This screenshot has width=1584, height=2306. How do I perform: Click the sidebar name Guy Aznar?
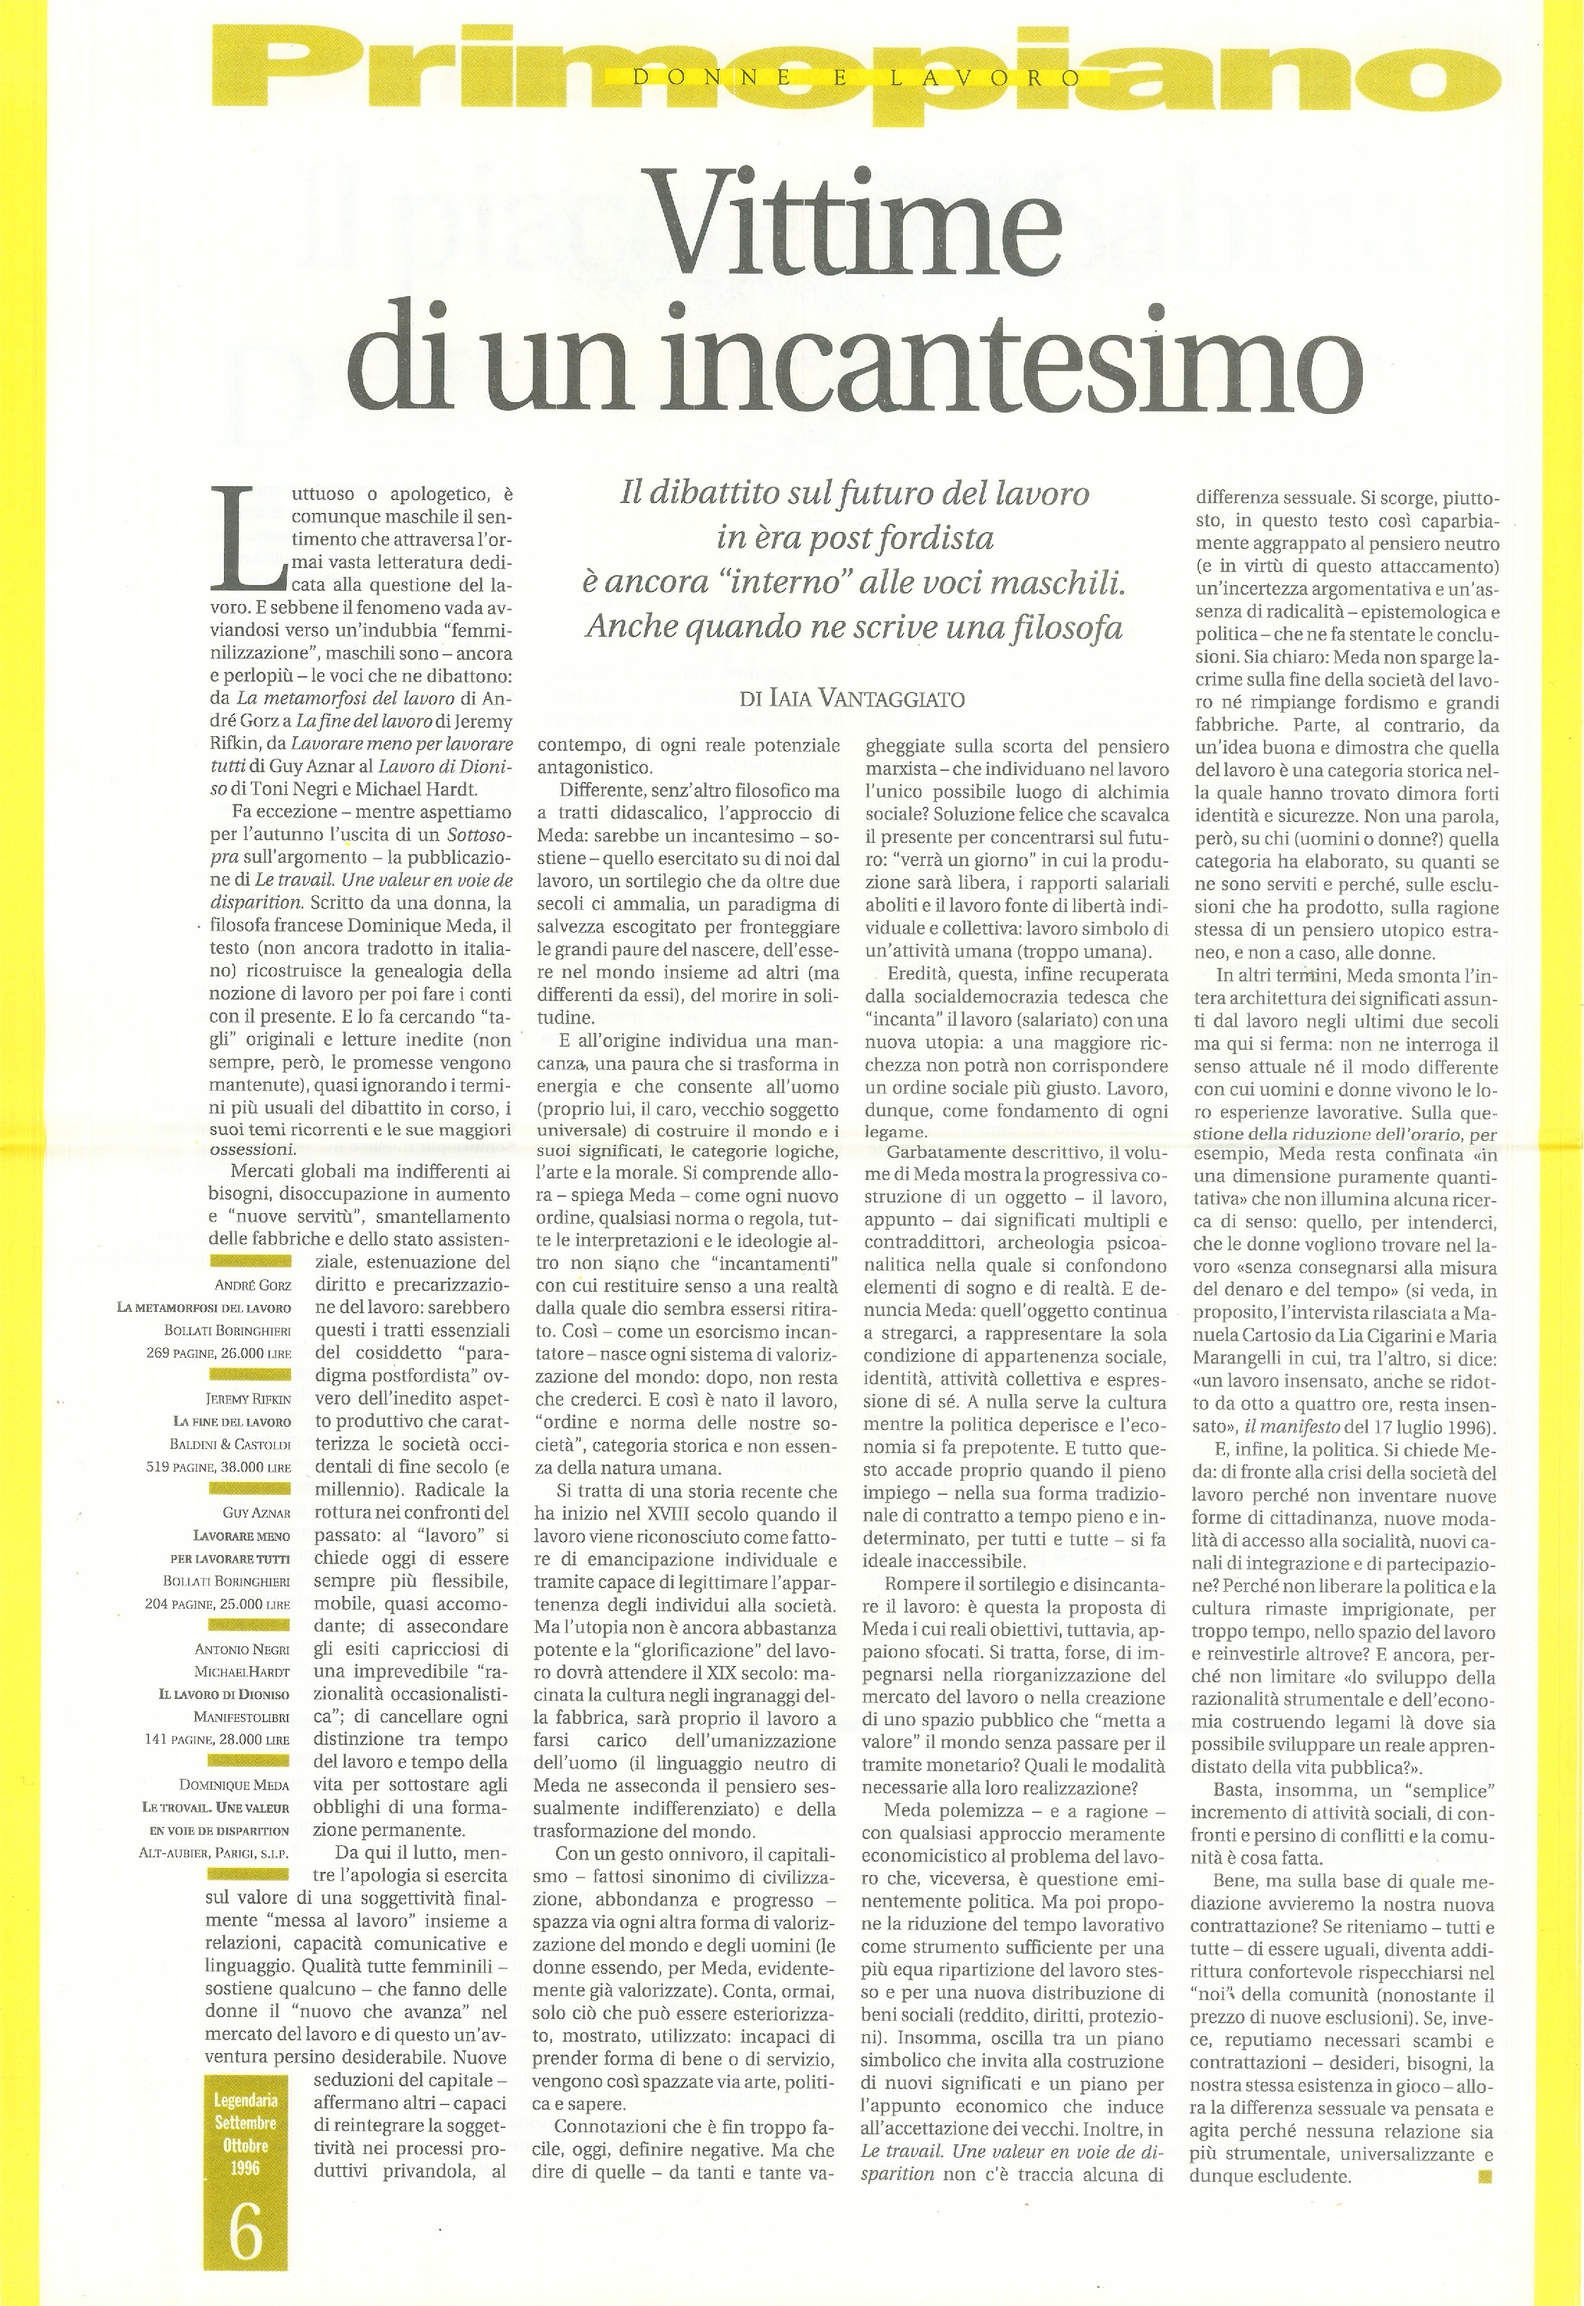[254, 1513]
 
